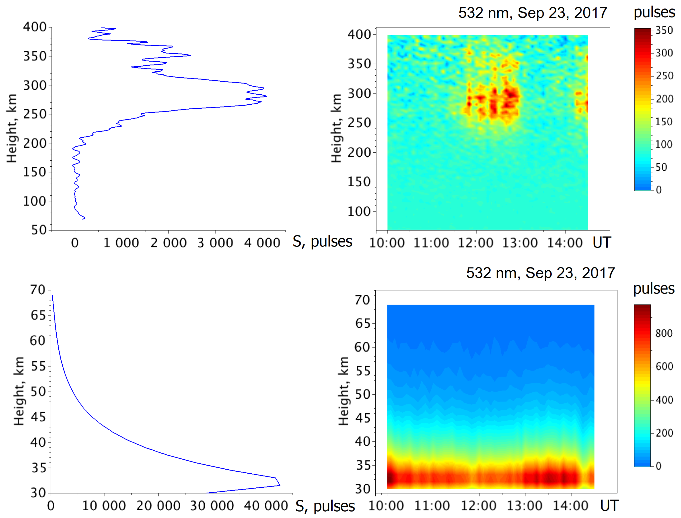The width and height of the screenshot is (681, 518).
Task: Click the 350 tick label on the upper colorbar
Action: [x=664, y=30]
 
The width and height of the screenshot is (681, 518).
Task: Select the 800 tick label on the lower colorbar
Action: [x=664, y=333]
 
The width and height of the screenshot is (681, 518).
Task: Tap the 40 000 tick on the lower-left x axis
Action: [x=266, y=506]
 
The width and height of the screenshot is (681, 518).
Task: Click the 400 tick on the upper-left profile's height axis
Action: [x=35, y=27]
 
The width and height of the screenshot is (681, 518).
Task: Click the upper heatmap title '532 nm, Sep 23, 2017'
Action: [x=533, y=13]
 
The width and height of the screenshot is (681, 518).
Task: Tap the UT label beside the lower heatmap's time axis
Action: [x=609, y=506]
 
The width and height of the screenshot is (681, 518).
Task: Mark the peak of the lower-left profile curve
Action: [x=280, y=485]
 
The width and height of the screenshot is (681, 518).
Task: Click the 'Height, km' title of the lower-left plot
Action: [x=19, y=391]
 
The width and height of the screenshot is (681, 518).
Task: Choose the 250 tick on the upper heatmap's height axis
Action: [x=359, y=123]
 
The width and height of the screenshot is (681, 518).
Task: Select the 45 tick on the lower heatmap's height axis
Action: [x=363, y=418]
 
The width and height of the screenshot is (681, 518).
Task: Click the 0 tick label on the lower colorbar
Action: [x=658, y=466]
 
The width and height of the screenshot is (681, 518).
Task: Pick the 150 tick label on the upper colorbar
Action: [x=664, y=122]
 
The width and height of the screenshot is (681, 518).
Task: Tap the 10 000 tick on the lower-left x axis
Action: [x=104, y=506]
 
